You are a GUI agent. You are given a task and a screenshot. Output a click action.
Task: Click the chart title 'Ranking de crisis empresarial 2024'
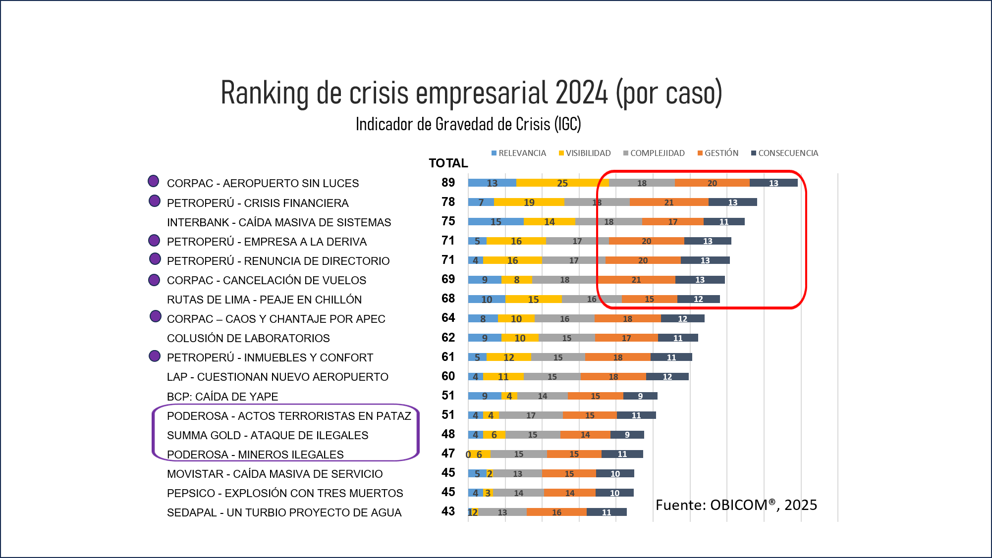pyautogui.click(x=471, y=93)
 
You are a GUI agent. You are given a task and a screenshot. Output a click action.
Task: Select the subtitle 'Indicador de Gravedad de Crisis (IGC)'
pyautogui.click(x=468, y=124)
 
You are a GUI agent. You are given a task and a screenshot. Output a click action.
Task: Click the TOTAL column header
pyautogui.click(x=448, y=163)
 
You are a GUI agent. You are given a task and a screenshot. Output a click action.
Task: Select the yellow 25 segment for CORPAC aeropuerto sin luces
pyautogui.click(x=562, y=183)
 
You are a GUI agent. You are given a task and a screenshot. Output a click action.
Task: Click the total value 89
pyautogui.click(x=448, y=182)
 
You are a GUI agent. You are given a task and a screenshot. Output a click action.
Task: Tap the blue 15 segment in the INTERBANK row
pyautogui.click(x=496, y=221)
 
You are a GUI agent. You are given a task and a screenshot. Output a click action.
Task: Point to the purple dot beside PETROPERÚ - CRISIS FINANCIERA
pyautogui.click(x=155, y=201)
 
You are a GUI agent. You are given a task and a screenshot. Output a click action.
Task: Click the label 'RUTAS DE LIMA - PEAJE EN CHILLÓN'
pyautogui.click(x=264, y=300)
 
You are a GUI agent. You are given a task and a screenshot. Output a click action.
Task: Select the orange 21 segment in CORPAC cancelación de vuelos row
pyautogui.click(x=636, y=280)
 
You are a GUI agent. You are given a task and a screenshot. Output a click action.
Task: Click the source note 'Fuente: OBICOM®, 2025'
pyautogui.click(x=736, y=505)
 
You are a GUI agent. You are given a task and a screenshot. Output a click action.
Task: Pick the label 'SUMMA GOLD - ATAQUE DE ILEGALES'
pyautogui.click(x=268, y=435)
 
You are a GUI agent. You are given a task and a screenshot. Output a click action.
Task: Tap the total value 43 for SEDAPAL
pyautogui.click(x=448, y=511)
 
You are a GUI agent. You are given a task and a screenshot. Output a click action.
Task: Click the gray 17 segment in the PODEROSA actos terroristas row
pyautogui.click(x=531, y=415)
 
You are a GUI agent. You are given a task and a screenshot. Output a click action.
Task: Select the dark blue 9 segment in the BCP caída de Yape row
pyautogui.click(x=640, y=396)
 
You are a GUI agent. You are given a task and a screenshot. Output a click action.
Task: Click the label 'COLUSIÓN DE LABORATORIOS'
pyautogui.click(x=248, y=338)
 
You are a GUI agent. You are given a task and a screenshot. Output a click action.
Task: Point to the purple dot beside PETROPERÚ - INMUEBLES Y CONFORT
pyautogui.click(x=155, y=356)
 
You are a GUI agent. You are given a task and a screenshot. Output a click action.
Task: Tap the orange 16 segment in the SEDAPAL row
pyautogui.click(x=556, y=512)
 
